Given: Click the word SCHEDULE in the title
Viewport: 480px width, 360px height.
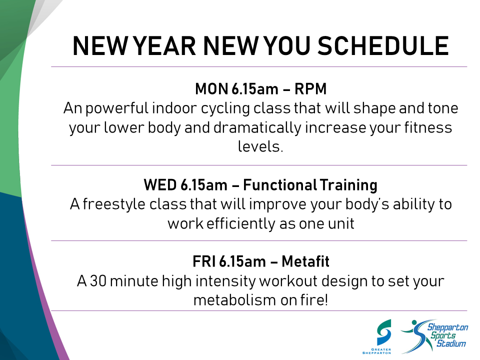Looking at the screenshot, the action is click(383, 46).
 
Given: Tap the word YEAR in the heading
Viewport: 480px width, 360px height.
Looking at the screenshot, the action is click(165, 46).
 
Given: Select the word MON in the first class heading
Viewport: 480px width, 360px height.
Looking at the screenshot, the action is click(211, 89).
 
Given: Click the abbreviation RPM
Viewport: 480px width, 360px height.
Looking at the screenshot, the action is click(310, 89).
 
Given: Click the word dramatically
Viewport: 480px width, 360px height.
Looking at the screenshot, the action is click(257, 128).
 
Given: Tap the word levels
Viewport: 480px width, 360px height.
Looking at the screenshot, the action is click(260, 146).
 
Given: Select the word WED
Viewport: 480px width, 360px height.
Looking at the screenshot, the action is click(160, 185).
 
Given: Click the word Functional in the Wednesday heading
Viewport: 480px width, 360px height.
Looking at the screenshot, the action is click(280, 185).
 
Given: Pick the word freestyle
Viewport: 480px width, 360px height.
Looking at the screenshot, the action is click(114, 204).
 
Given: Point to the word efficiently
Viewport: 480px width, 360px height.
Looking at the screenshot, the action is click(241, 224).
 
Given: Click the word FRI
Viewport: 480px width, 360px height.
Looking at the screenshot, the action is click(204, 261).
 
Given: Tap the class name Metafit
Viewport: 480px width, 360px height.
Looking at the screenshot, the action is click(305, 261).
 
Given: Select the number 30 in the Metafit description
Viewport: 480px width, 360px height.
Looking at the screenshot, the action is click(98, 281).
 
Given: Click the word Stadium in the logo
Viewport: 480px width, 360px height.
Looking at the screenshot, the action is click(451, 343).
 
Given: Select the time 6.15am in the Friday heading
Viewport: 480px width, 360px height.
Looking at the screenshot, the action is click(242, 261).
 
